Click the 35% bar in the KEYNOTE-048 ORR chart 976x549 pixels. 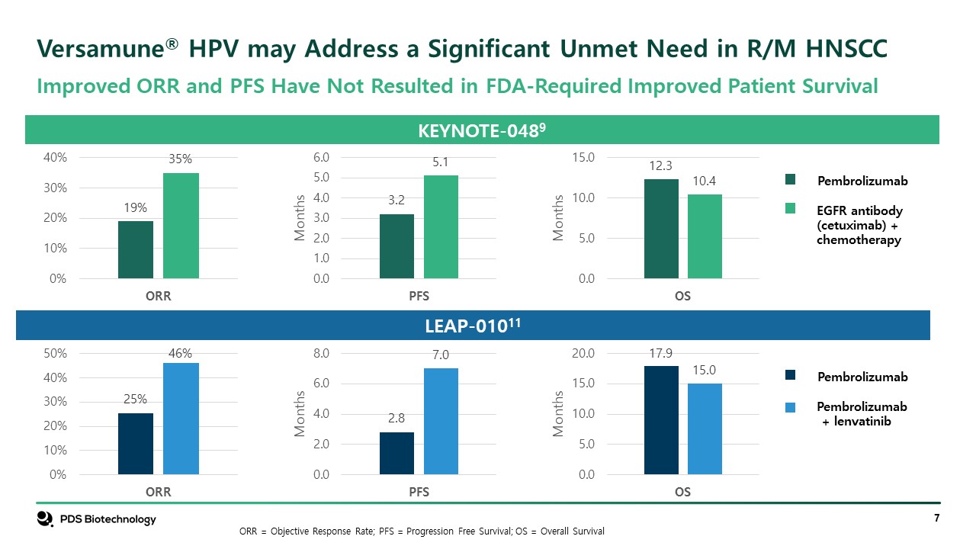pos(181,226)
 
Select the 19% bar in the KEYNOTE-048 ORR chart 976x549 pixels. pos(136,249)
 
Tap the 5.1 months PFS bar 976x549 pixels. pos(441,226)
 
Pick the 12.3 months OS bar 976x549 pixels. pos(661,229)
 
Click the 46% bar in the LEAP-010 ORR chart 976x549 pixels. pos(181,419)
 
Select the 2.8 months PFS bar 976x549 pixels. pos(396,453)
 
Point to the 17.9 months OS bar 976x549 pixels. pos(661,420)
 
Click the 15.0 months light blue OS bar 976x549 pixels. pos(705,429)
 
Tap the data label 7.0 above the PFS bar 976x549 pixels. pos(441,355)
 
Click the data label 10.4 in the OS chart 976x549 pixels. pos(705,181)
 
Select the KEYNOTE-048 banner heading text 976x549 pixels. pos(482,130)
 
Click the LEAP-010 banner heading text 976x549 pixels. pos(473,326)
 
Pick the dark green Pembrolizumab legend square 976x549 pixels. pos(791,180)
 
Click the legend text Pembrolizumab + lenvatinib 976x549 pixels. pos(862,413)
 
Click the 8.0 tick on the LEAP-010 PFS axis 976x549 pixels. pos(320,354)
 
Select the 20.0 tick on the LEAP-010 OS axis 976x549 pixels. pos(583,354)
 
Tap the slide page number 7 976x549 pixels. pos(936,518)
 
